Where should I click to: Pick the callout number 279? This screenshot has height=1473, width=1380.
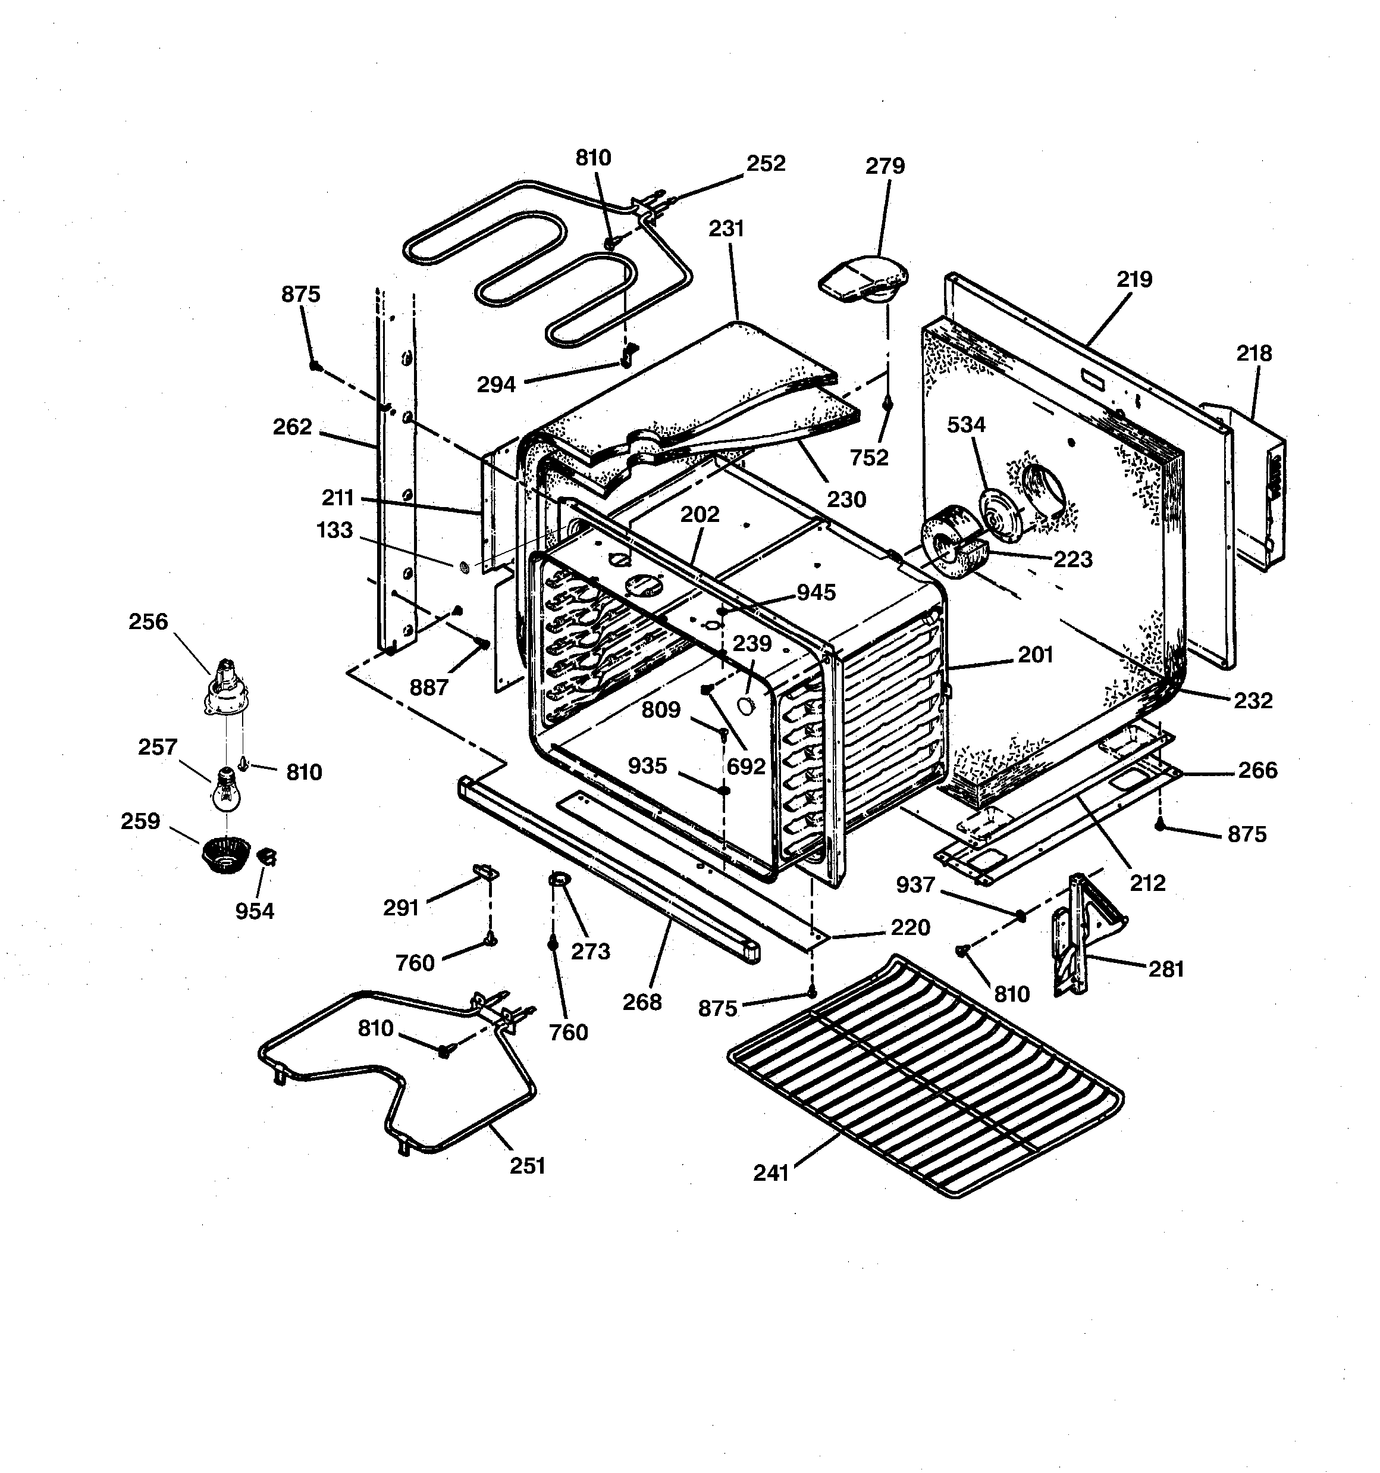click(x=885, y=166)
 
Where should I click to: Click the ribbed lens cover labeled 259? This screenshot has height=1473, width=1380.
click(x=225, y=854)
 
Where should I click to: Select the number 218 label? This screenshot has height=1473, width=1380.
click(x=1253, y=354)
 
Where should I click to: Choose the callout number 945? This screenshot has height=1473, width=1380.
click(x=816, y=592)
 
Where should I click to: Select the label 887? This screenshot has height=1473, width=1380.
click(x=429, y=687)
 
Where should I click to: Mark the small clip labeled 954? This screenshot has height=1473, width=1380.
click(x=266, y=857)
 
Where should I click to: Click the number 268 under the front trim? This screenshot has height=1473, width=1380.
click(x=641, y=1002)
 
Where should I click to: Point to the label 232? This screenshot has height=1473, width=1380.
click(x=1253, y=700)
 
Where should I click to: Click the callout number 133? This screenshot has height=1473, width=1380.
click(x=334, y=530)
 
